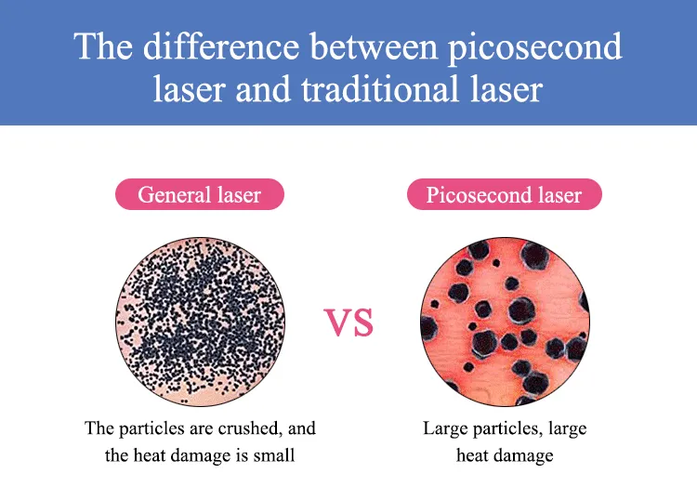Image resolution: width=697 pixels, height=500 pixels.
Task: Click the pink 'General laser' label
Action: [199, 195]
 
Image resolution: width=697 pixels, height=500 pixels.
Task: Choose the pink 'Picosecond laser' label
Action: [504, 195]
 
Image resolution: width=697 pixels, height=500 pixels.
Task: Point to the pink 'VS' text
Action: [348, 323]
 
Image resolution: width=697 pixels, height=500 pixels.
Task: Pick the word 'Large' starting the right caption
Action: [444, 428]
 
